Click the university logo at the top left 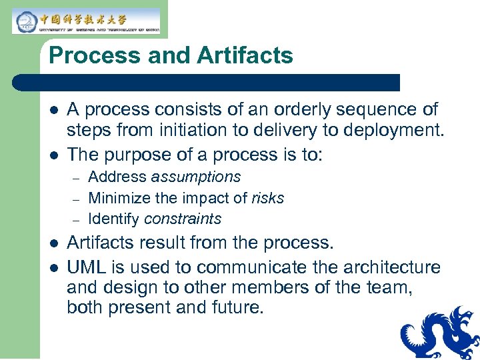click(86, 21)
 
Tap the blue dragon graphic click(441, 333)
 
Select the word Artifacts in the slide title click(244, 56)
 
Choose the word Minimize click(118, 198)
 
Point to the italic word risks click(267, 198)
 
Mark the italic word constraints click(182, 219)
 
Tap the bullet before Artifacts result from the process click(55, 243)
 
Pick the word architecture click(397, 267)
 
